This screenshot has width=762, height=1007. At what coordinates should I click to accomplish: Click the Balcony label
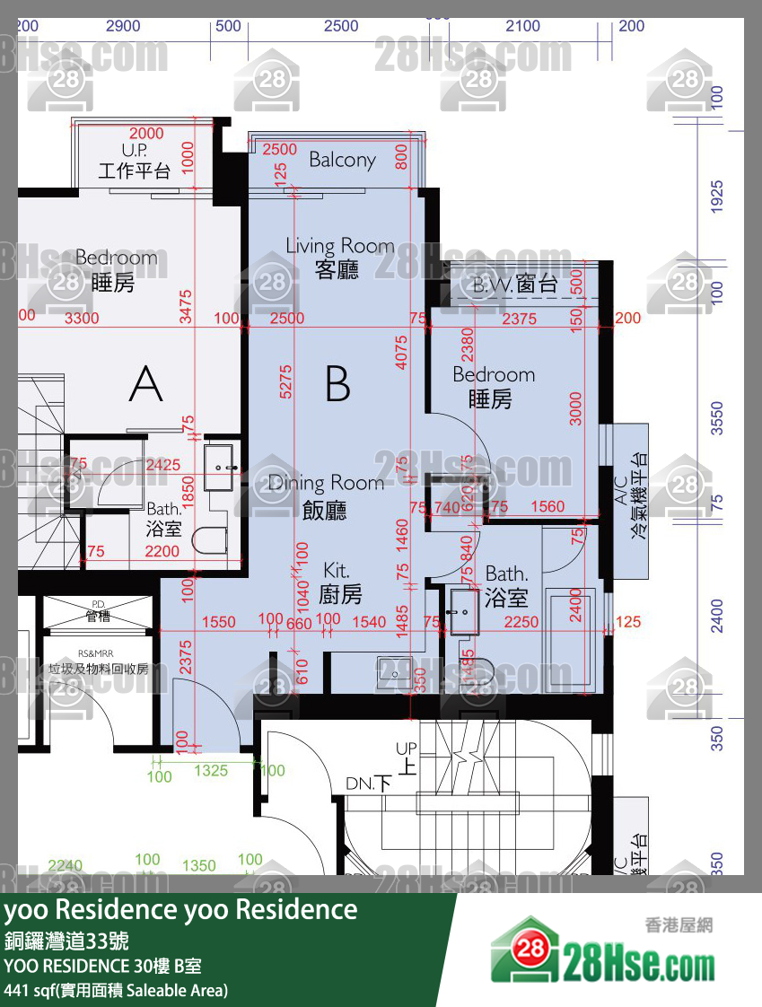click(x=342, y=160)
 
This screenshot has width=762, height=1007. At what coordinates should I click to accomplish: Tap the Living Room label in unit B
click(x=339, y=257)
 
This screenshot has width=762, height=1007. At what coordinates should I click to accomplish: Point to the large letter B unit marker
click(x=337, y=384)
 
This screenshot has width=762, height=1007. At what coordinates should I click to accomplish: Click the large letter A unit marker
click(x=145, y=384)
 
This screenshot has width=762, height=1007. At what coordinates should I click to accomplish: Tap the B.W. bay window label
click(x=515, y=285)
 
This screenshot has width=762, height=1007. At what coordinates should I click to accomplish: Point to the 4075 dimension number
click(x=401, y=352)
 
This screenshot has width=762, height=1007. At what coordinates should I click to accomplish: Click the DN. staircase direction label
click(x=369, y=784)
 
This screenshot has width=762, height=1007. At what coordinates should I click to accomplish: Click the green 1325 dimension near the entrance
click(x=211, y=770)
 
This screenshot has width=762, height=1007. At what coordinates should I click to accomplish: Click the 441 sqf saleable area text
click(x=116, y=990)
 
